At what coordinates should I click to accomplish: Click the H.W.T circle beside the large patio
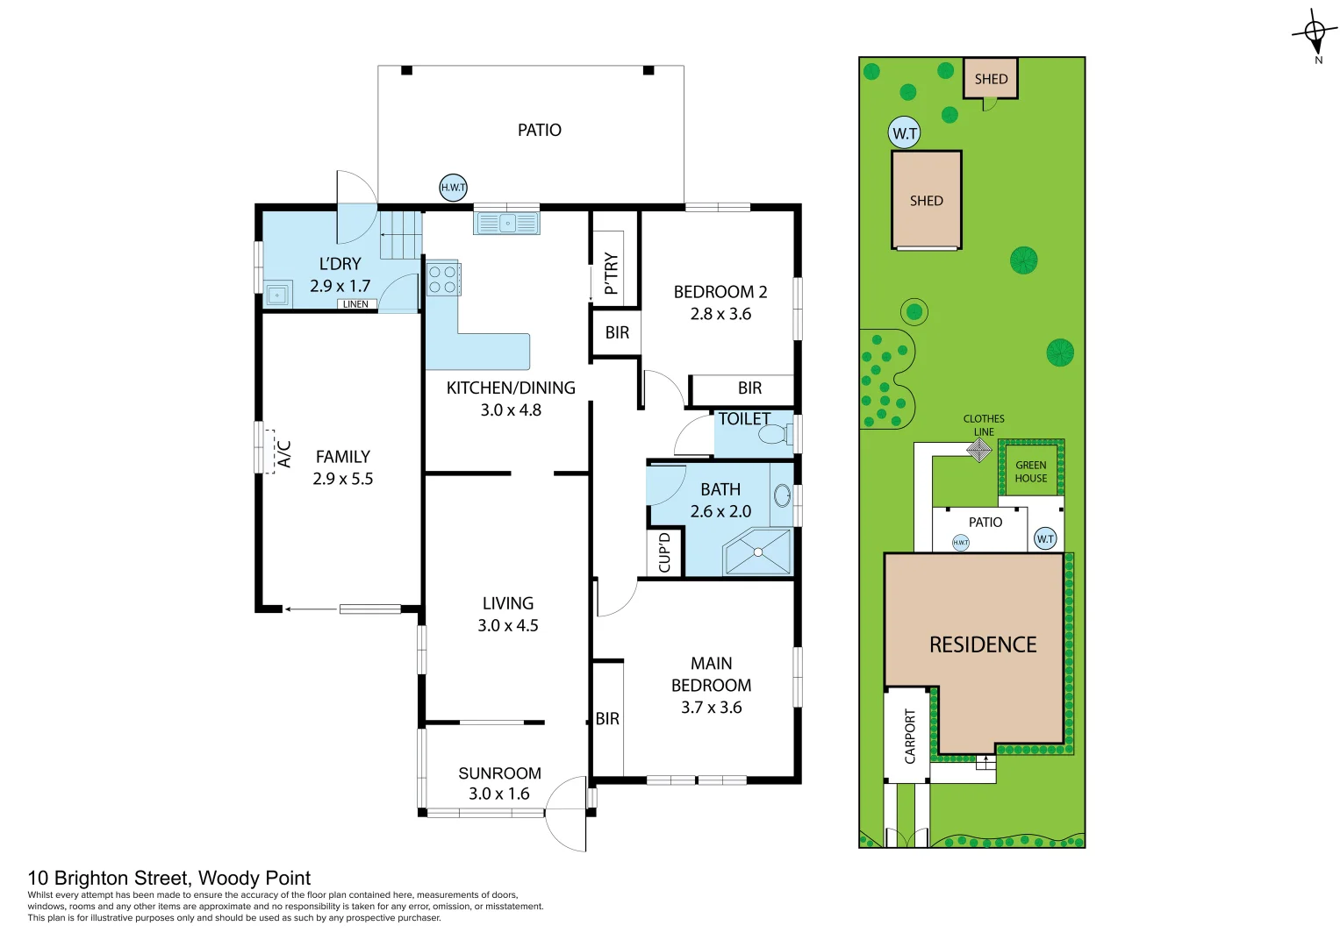point(453,187)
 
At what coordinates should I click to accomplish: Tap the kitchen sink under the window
point(506,224)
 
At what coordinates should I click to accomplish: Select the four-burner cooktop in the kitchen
point(443,280)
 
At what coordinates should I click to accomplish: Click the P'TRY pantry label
point(611,274)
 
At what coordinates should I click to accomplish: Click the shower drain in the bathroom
point(757,552)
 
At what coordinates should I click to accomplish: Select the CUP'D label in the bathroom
point(664,552)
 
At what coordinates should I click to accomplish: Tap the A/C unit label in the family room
point(283,453)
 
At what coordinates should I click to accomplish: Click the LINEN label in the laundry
point(355,304)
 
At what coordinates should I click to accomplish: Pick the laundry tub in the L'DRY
point(277,295)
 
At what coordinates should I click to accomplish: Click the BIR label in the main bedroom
point(607,719)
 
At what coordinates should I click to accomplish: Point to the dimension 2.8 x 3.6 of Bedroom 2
point(720,314)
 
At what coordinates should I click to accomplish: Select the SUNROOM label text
point(499,773)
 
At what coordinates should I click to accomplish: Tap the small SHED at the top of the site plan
point(991,79)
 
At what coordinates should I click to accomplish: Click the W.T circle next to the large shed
point(905,133)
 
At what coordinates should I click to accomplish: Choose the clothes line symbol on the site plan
point(979,450)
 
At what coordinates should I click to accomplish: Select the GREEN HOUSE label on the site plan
point(1031,472)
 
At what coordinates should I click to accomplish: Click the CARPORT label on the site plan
point(910,737)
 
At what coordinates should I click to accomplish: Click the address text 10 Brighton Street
point(168,878)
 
